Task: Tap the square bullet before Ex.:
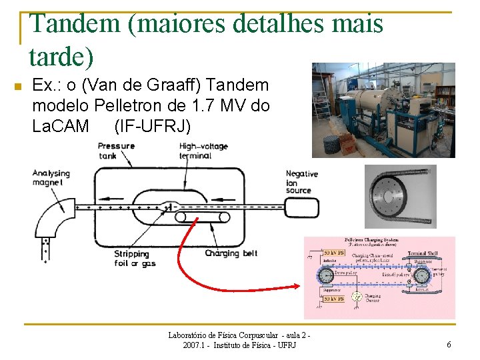(18, 87)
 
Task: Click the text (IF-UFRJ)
(152, 125)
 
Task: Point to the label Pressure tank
(116, 151)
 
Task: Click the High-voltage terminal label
(203, 151)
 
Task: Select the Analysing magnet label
(51, 178)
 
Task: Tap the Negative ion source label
(301, 181)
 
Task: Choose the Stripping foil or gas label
(131, 258)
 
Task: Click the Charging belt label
(231, 253)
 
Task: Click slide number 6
(449, 345)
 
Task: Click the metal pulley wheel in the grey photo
(400, 196)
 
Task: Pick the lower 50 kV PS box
(333, 299)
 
